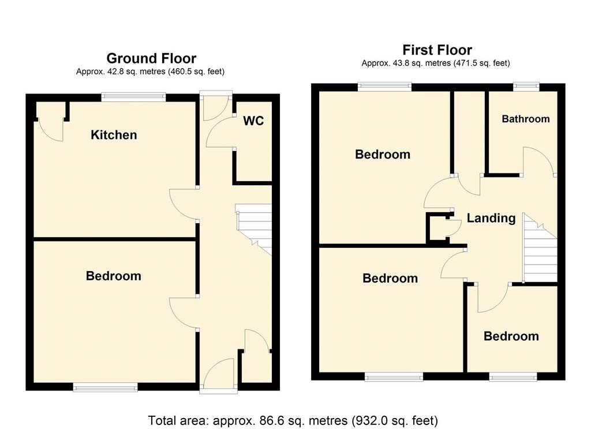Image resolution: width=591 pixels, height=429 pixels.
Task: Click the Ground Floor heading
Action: pyautogui.click(x=151, y=58)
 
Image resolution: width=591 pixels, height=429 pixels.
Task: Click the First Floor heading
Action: pyautogui.click(x=437, y=50)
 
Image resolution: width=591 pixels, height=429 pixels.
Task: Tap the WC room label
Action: pyautogui.click(x=253, y=121)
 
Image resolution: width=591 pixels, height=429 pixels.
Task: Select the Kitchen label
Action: pyautogui.click(x=114, y=135)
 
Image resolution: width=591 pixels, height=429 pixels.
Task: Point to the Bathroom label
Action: pyautogui.click(x=526, y=119)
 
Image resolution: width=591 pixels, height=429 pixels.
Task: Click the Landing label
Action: pyautogui.click(x=491, y=218)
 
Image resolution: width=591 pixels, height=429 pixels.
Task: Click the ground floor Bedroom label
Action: pyautogui.click(x=114, y=276)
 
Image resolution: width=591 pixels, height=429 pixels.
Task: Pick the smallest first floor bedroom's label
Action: pyautogui.click(x=511, y=336)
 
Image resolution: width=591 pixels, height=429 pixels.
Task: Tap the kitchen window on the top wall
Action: pyautogui.click(x=133, y=97)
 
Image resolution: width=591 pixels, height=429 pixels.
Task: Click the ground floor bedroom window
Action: pyautogui.click(x=105, y=387)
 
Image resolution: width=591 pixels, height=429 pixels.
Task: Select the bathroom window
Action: pyautogui.click(x=526, y=86)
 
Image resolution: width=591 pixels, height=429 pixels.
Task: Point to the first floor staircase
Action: pyautogui.click(x=540, y=248)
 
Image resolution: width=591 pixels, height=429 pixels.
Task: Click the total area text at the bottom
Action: pyautogui.click(x=293, y=420)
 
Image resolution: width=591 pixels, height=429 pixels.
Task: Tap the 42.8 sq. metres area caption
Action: pyautogui.click(x=150, y=71)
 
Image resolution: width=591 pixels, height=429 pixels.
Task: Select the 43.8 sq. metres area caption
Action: pyautogui.click(x=436, y=63)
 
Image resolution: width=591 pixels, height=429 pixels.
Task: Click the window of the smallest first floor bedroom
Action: pyautogui.click(x=513, y=377)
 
